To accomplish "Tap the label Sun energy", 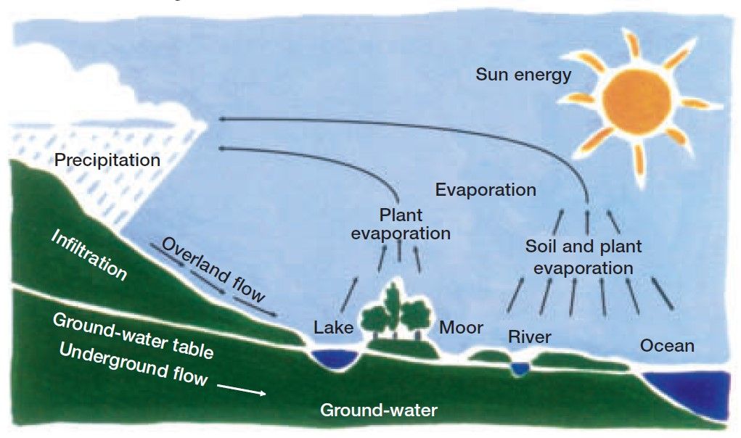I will tap(523, 74).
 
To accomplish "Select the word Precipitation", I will tap(107, 159).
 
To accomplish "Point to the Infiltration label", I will tap(89, 255).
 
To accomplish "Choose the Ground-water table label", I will tap(134, 336).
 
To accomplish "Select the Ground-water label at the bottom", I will tap(379, 410).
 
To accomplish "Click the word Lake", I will tap(333, 328).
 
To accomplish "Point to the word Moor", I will tap(462, 328).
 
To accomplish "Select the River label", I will tap(529, 337).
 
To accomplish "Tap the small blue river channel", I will tap(519, 369).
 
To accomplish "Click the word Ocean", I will tap(666, 346).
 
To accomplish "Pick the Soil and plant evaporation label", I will tap(584, 257).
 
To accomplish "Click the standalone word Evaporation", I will tap(486, 190).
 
